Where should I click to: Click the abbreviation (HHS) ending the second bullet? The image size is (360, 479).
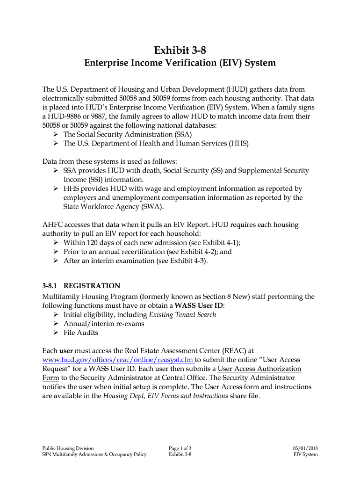[x=239, y=144]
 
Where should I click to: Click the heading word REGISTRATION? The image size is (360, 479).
[x=92, y=286]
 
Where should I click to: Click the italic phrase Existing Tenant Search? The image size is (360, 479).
[x=183, y=314]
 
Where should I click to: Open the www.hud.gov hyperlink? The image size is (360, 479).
[x=118, y=360]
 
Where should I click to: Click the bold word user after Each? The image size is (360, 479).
[x=65, y=350]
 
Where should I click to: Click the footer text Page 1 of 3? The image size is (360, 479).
[x=180, y=448]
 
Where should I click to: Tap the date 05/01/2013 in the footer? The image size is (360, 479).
[x=305, y=448]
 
